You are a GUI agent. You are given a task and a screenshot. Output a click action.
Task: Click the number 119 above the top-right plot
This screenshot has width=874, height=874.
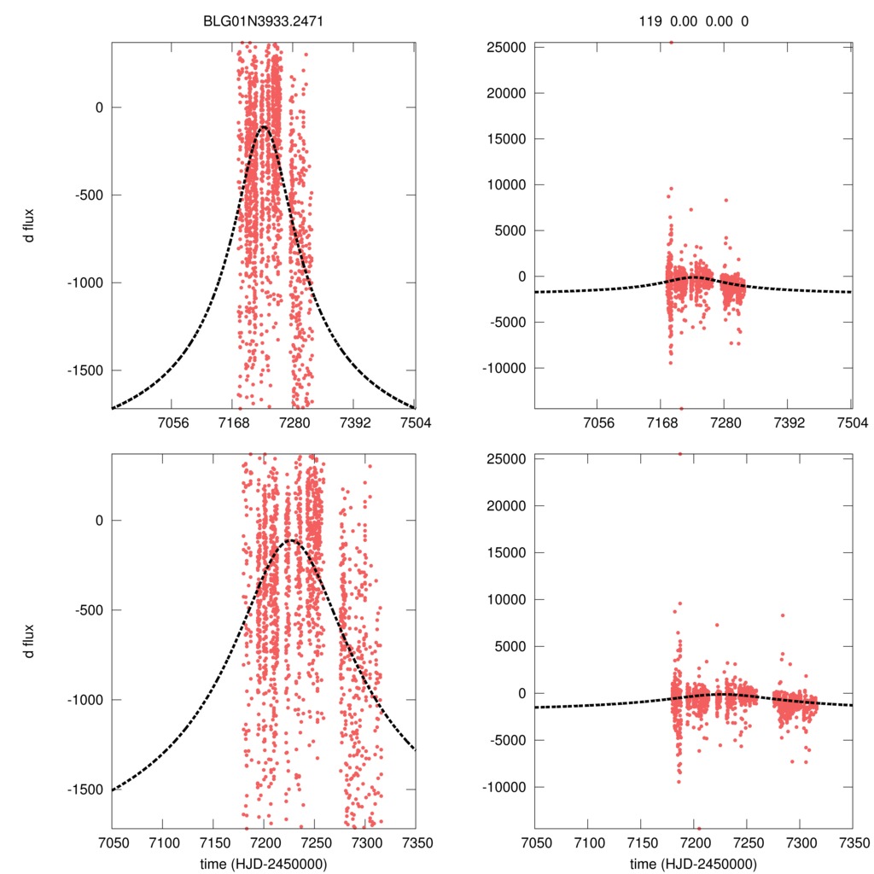(650, 21)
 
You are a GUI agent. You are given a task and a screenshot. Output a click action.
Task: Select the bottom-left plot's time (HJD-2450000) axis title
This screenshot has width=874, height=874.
(265, 864)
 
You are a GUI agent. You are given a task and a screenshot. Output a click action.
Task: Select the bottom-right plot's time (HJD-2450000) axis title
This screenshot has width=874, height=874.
(693, 864)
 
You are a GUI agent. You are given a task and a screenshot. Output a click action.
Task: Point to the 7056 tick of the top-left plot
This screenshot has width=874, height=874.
(172, 423)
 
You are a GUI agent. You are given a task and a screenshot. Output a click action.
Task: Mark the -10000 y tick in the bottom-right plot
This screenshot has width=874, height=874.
(503, 787)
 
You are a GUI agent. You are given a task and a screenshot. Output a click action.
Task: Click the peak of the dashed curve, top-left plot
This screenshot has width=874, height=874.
(264, 126)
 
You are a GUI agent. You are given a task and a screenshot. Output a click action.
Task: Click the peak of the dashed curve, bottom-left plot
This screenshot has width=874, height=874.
(291, 540)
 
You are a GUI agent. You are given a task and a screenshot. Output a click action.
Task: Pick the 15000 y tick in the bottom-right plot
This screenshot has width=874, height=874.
(504, 552)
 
